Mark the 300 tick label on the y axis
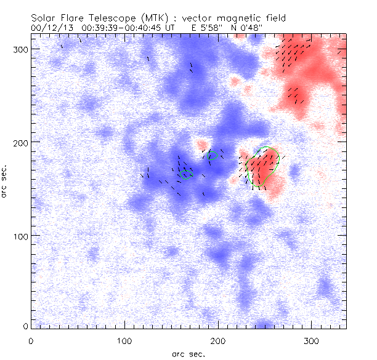point(22,49)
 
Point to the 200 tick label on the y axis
point(22,142)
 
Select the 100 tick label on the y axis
point(22,236)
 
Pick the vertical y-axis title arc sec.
point(5,181)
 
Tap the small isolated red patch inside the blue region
point(202,146)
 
